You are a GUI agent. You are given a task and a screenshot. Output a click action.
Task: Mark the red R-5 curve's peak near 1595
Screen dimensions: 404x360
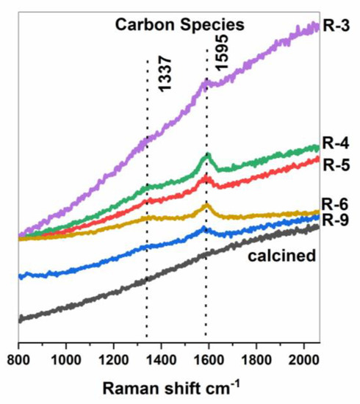click(x=207, y=178)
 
